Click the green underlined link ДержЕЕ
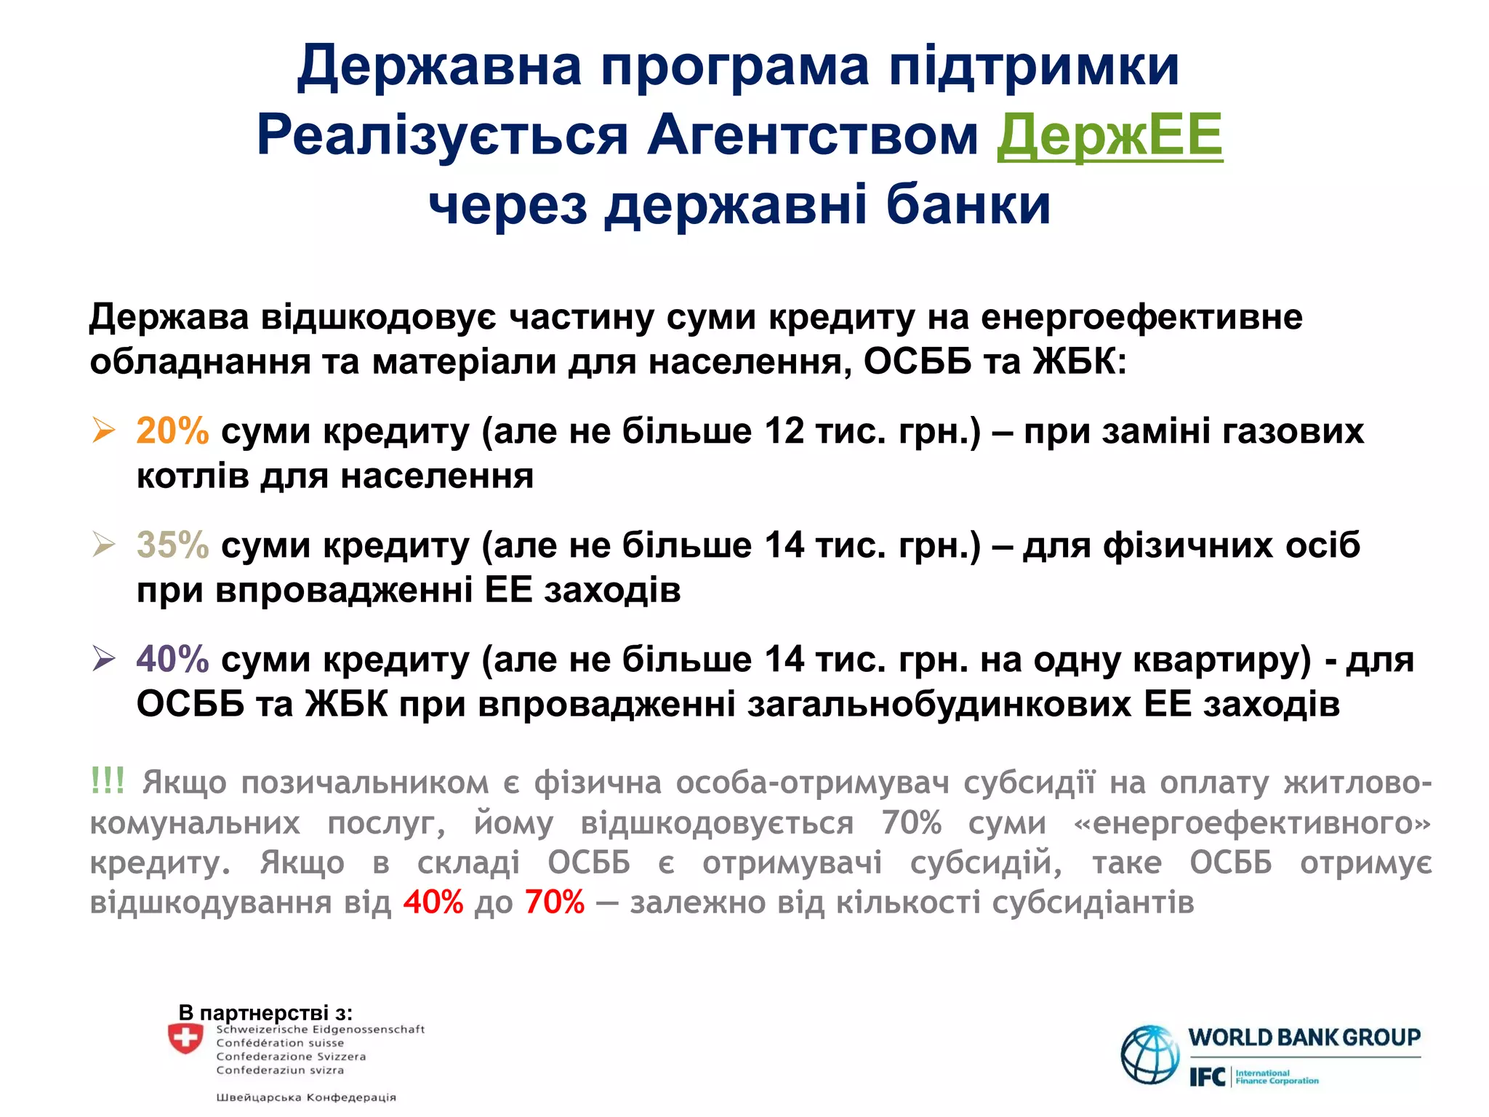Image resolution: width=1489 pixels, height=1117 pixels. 1109,135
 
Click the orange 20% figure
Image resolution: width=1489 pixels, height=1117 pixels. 172,431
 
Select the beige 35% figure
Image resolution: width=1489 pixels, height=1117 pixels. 172,545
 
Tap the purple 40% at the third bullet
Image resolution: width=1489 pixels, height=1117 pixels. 172,659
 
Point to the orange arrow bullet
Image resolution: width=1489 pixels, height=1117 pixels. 104,431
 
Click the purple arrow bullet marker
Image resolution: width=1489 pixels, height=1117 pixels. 104,659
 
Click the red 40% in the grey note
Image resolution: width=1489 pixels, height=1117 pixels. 433,902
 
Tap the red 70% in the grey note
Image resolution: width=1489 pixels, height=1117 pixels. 554,902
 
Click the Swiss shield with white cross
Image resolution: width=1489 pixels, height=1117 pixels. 185,1038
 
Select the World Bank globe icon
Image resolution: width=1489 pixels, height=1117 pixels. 1149,1054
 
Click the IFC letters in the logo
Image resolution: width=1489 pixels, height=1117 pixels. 1208,1077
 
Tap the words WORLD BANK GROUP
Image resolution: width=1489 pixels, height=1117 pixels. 1304,1037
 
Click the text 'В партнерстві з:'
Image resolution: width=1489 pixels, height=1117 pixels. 265,1012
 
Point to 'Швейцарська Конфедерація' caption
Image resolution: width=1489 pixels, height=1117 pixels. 306,1097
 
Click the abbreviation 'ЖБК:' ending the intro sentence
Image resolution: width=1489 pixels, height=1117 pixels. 1079,361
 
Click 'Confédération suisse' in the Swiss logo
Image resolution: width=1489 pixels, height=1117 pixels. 280,1043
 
